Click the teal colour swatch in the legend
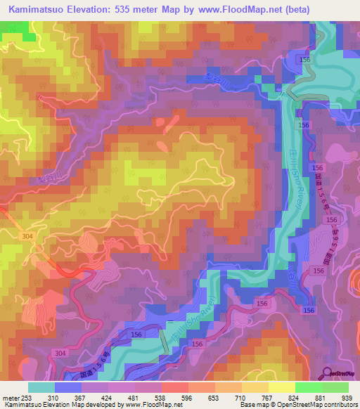41,387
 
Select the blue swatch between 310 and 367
68,387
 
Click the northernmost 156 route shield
304,61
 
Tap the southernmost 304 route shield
60,352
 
